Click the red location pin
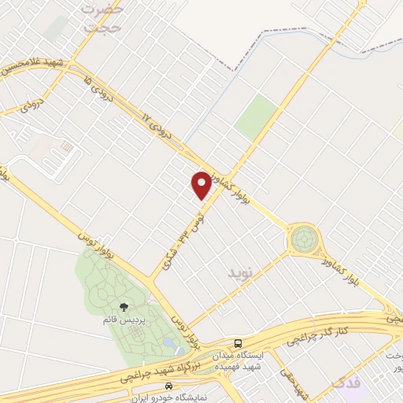(201, 185)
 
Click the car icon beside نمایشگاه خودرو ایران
(168, 387)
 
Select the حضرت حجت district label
(104, 17)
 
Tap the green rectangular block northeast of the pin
(257, 117)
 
